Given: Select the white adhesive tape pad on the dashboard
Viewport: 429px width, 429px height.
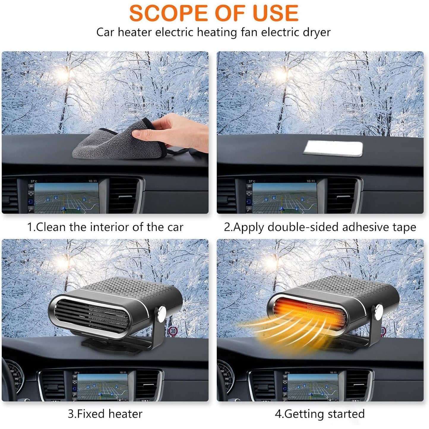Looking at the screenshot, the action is (333, 148).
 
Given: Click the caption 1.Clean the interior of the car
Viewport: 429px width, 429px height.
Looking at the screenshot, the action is (105, 227).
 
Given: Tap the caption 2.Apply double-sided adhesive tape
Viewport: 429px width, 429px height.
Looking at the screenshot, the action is (320, 227).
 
